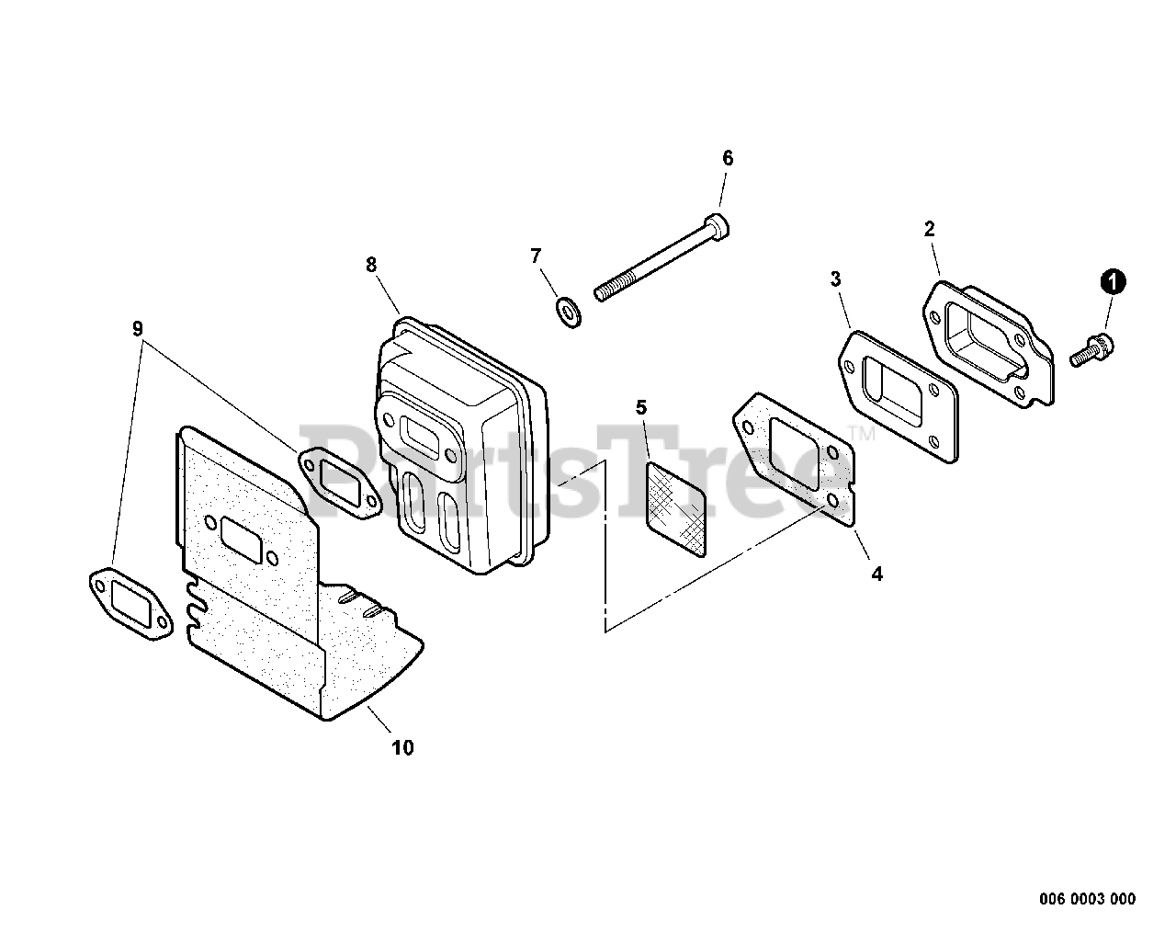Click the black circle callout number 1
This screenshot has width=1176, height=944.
point(1113,282)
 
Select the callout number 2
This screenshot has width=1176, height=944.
point(929,229)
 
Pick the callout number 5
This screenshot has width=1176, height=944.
point(640,406)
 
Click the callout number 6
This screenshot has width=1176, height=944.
point(728,158)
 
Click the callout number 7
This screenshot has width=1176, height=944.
point(536,256)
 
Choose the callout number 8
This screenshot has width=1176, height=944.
point(371,265)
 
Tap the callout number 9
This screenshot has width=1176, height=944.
point(138,328)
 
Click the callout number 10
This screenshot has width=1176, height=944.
point(402,747)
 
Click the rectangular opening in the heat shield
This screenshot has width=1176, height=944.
point(243,536)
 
